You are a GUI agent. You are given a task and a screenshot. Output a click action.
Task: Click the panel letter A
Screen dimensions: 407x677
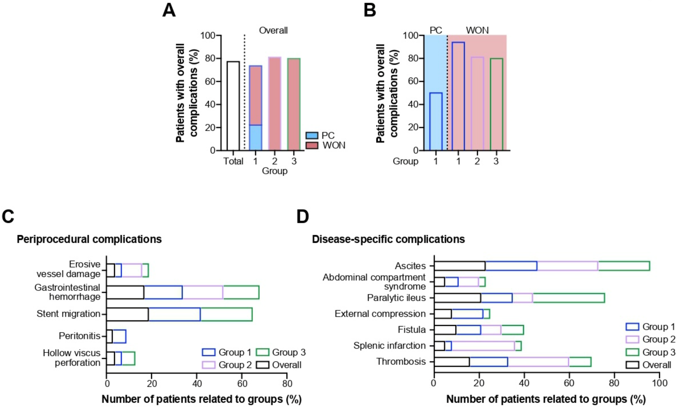(169, 11)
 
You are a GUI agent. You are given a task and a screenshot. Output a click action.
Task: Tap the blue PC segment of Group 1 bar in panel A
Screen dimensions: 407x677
(255, 138)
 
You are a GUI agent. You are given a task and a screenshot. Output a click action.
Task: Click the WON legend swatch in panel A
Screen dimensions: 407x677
(312, 145)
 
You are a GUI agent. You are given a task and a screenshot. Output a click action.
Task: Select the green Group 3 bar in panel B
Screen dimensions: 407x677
(496, 104)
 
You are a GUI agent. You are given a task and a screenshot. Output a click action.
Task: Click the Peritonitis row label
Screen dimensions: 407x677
(79, 336)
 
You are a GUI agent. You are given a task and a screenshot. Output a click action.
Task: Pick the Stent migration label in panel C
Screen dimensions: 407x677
(68, 314)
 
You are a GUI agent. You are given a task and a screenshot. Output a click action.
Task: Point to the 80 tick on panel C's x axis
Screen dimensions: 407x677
(287, 383)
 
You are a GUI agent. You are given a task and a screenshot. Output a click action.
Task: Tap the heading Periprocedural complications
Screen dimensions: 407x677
(89, 239)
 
